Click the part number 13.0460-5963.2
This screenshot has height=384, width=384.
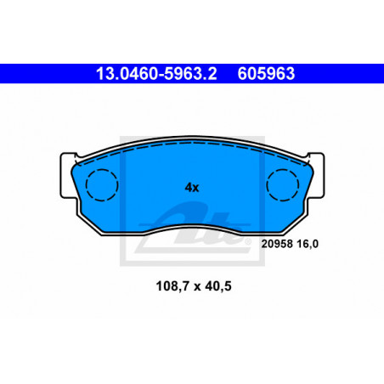pos(156,74)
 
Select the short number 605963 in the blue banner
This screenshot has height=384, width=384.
pos(266,74)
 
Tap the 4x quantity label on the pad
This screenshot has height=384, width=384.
pos(192,188)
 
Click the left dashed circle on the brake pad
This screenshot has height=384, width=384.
pos(102,185)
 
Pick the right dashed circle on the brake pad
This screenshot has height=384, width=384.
pos(283,185)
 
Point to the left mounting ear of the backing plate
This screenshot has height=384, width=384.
pos(67,176)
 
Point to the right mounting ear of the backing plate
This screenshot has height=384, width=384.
pos(317,176)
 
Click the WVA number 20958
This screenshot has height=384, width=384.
pos(277,244)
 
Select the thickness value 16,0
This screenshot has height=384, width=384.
pos(307,244)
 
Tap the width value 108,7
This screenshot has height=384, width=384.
pos(172,286)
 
